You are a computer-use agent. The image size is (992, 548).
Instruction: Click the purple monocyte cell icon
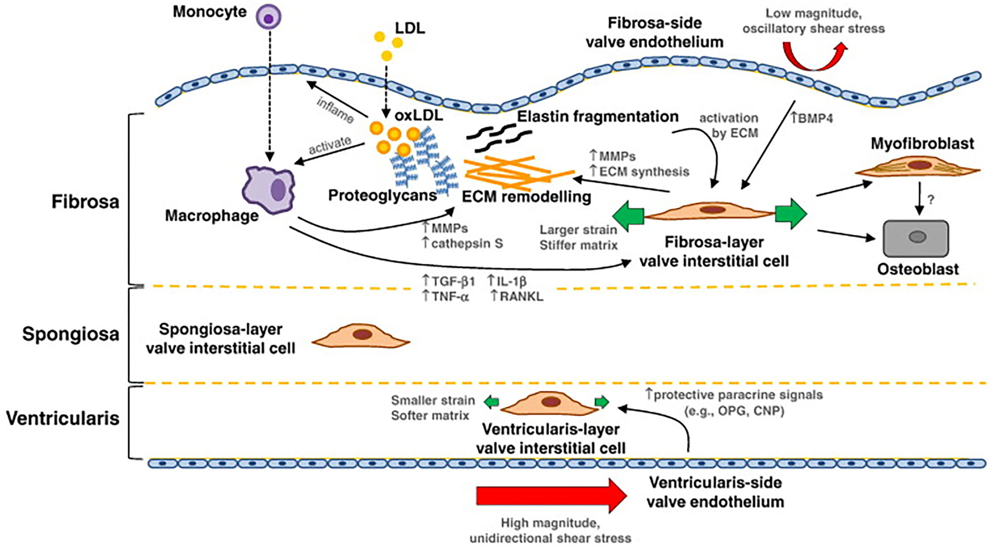(269, 17)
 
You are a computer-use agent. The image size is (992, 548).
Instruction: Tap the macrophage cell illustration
(269, 189)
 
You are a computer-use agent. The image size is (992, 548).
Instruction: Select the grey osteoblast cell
(915, 238)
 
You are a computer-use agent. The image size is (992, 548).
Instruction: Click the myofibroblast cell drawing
(919, 166)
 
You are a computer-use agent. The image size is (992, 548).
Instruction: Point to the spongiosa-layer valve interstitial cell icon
(361, 336)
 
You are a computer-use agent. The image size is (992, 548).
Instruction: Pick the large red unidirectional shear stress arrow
(551, 496)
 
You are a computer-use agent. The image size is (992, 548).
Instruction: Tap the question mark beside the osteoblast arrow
(930, 199)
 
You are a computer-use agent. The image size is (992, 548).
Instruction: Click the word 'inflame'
(335, 110)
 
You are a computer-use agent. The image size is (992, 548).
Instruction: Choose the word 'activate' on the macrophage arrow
(330, 146)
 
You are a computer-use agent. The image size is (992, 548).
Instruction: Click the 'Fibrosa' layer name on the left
(85, 202)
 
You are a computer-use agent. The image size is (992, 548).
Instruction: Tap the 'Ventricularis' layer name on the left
(63, 418)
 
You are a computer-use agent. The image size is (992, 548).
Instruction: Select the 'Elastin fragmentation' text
(597, 117)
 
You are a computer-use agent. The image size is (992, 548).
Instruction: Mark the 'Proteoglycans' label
(382, 196)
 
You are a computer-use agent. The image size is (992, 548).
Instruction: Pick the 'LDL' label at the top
(410, 28)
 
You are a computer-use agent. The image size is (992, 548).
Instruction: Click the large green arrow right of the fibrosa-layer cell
(790, 213)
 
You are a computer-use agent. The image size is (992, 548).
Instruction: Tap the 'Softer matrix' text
(430, 416)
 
